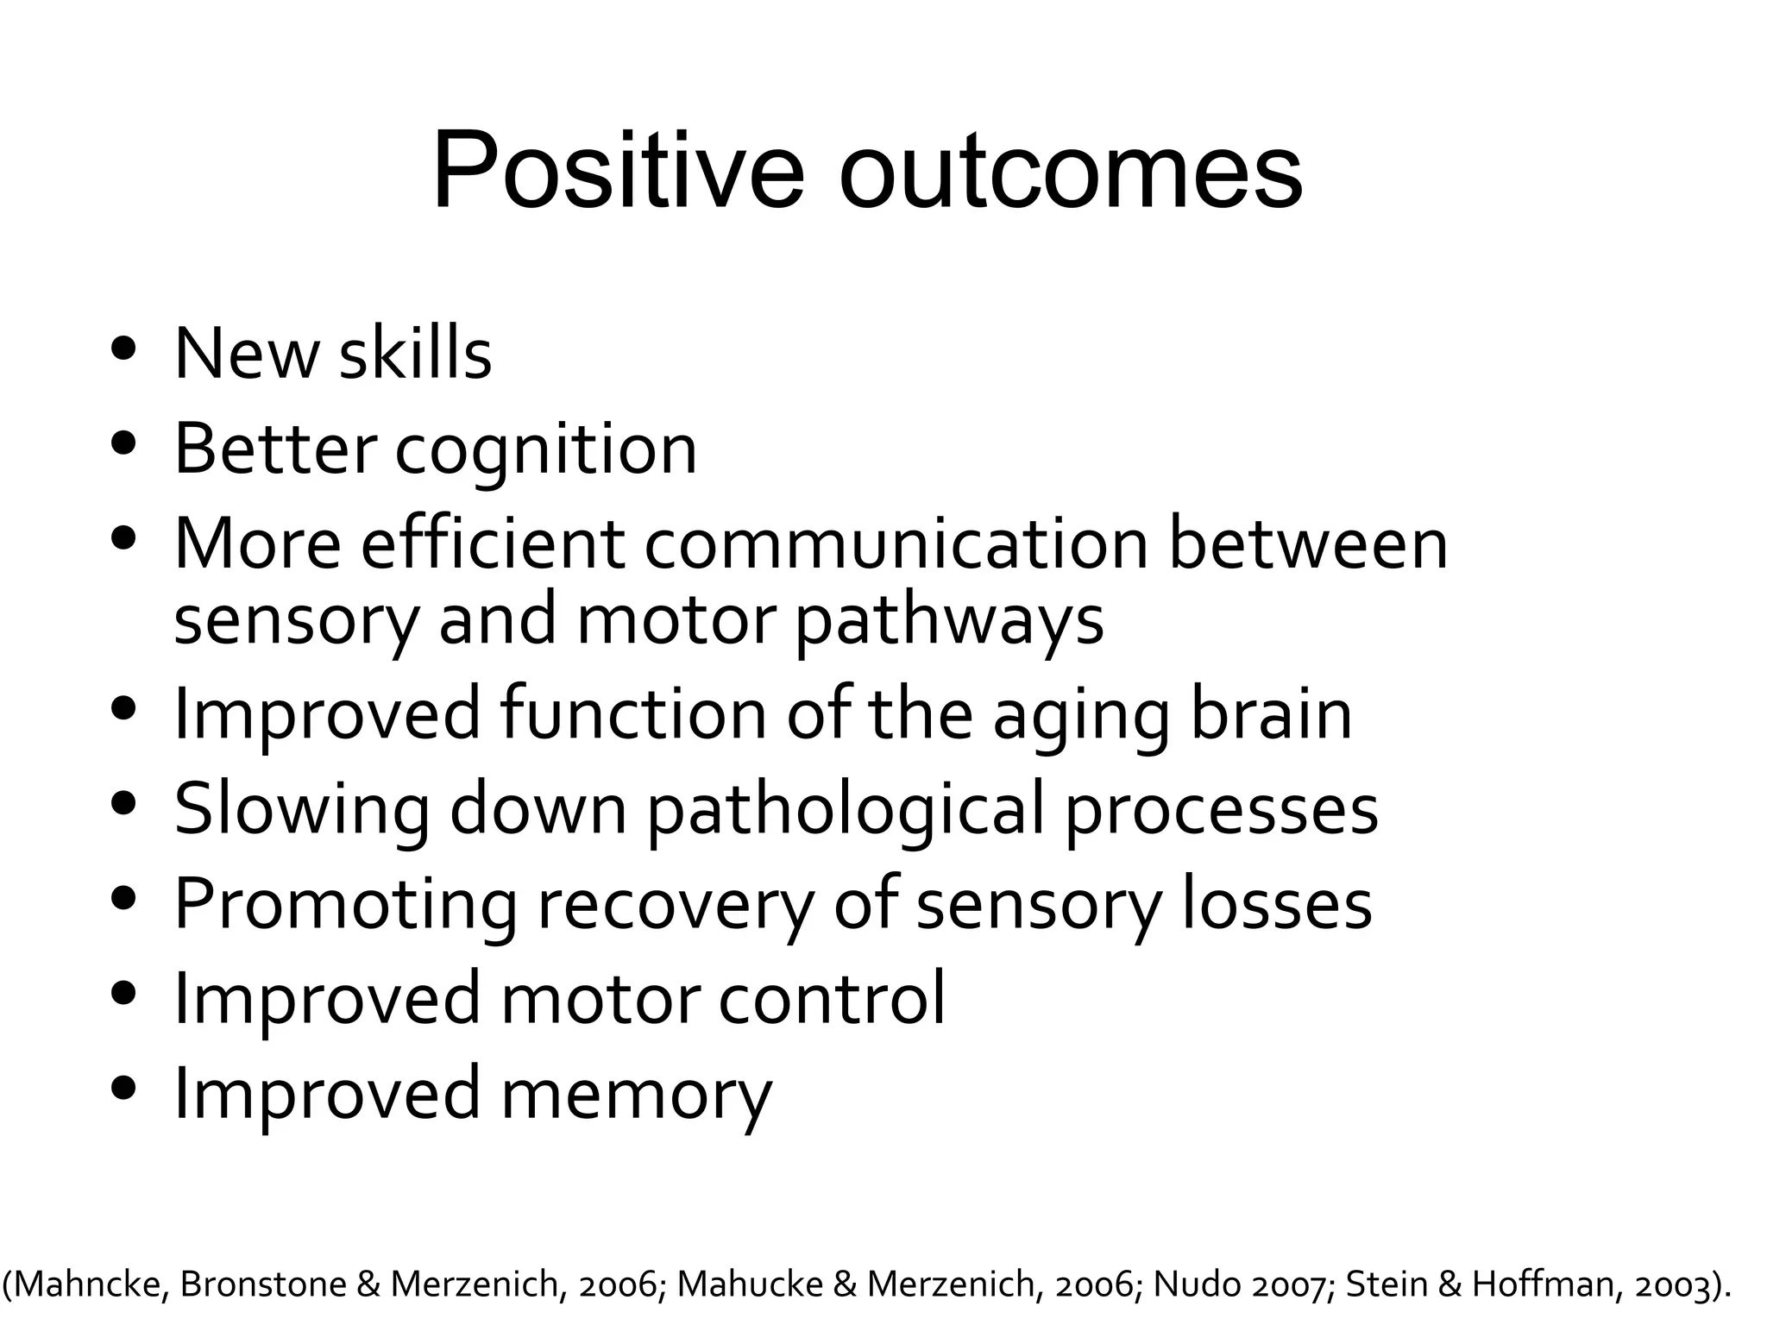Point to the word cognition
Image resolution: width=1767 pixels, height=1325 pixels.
[x=545, y=450]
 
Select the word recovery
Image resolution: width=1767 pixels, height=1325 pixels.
[x=675, y=906]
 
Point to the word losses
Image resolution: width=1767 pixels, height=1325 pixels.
[x=1276, y=906]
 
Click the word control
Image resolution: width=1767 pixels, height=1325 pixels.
[x=832, y=999]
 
